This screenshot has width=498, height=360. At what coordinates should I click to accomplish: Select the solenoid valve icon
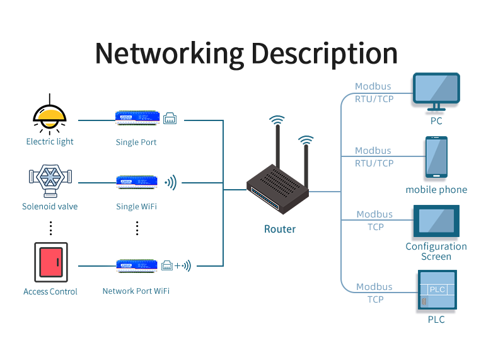[x=50, y=182]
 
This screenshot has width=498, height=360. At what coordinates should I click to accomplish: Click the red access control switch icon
[x=50, y=263]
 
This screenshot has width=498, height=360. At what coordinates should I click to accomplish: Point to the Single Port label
[x=136, y=142]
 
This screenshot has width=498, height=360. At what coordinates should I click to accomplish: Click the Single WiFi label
[x=136, y=207]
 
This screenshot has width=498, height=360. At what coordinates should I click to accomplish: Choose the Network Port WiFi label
[x=136, y=291]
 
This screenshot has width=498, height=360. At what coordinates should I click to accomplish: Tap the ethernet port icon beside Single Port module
[x=170, y=118]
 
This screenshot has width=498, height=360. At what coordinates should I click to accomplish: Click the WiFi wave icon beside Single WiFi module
[x=170, y=183]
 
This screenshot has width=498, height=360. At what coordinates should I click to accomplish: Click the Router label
[x=280, y=229]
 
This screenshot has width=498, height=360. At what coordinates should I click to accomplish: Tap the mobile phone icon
[x=436, y=157]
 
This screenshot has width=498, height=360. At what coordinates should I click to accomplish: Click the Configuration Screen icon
[x=436, y=221]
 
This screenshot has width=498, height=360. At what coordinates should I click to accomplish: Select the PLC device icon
[x=437, y=291]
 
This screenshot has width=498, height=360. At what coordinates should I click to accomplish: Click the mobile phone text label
[x=436, y=190]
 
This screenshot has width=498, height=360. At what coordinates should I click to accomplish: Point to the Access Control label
[x=50, y=292]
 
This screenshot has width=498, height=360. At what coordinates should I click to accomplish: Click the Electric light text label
[x=50, y=142]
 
